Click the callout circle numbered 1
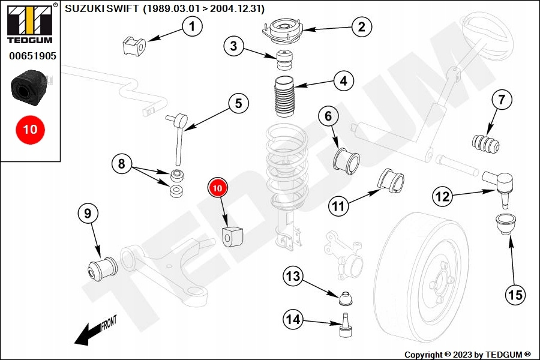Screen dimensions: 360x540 click(192, 26)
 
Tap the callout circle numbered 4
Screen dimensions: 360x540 click(343, 82)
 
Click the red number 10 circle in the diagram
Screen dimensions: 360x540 click(217, 188)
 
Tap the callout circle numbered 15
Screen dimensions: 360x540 click(516, 295)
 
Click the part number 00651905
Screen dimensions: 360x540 click(32, 56)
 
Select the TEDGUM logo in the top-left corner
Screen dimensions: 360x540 click(29, 24)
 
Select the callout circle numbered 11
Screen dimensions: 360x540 click(339, 207)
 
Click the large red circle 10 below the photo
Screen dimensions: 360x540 click(30, 129)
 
